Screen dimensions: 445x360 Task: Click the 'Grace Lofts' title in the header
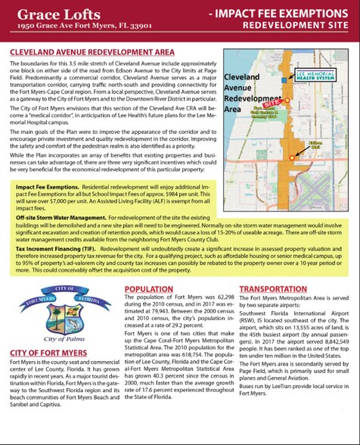click(x=51, y=14)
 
